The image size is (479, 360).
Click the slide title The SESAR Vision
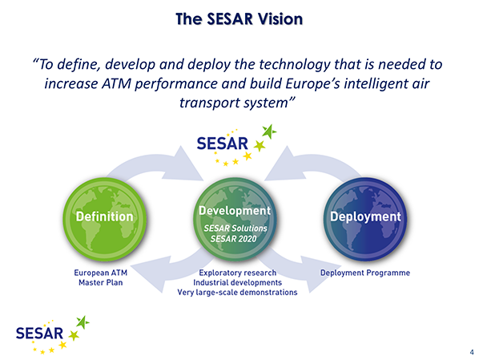[x=239, y=19]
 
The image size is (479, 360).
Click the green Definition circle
[x=105, y=220]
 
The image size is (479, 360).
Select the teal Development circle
[x=235, y=220]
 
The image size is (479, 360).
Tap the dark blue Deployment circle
[x=365, y=220]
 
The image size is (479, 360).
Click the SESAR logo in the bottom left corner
[x=53, y=335]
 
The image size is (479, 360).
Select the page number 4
[x=472, y=352]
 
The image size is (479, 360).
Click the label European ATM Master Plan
[x=100, y=277]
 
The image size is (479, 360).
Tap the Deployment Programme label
[x=365, y=273]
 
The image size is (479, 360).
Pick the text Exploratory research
[x=238, y=273]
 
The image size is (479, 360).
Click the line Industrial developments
[x=238, y=282]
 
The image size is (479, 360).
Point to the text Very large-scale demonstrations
[x=238, y=293]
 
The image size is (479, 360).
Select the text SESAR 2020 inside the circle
[x=233, y=239]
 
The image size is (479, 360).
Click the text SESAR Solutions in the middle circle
[x=235, y=229]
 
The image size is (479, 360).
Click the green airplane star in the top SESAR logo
[x=269, y=131]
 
